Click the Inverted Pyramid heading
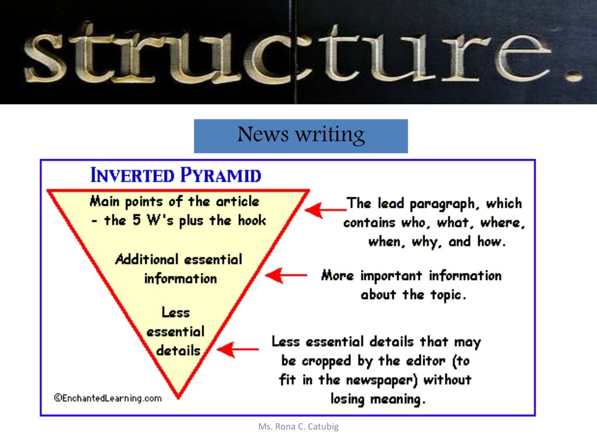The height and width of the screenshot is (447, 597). pyautogui.click(x=175, y=175)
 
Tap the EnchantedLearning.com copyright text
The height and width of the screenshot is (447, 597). pyautogui.click(x=108, y=398)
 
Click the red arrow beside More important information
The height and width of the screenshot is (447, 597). pyautogui.click(x=286, y=275)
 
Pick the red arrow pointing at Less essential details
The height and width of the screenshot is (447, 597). pyautogui.click(x=237, y=349)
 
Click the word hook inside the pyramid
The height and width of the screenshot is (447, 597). pyautogui.click(x=252, y=220)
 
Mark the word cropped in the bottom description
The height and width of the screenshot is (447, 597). pyautogui.click(x=329, y=361)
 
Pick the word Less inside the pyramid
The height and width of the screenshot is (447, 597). pyautogui.click(x=176, y=313)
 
